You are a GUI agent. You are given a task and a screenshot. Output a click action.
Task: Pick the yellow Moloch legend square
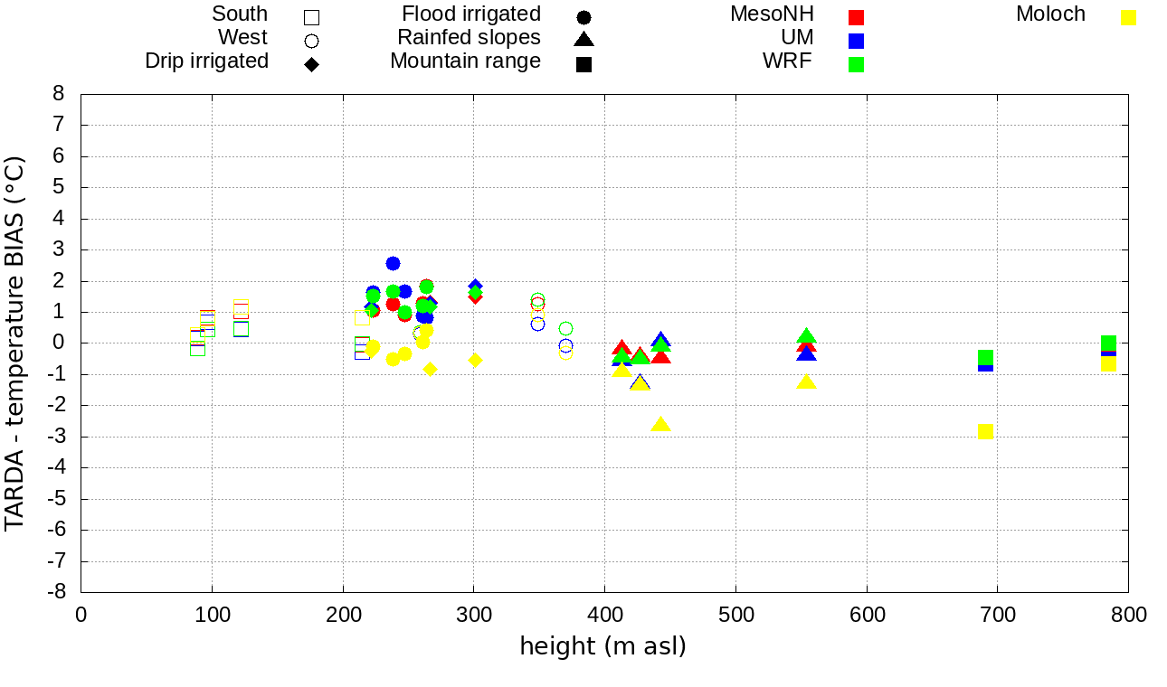[1128, 17]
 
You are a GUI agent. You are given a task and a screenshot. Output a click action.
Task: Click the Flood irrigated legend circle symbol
[583, 17]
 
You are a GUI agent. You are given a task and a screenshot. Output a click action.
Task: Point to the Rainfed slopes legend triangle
[583, 40]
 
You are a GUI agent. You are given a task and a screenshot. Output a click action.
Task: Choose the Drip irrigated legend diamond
[311, 64]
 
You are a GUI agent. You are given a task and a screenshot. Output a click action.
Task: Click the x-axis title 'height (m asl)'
[602, 646]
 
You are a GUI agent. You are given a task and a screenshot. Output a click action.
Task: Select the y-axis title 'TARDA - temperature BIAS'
[15, 343]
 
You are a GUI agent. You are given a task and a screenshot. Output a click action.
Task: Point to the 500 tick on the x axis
[735, 616]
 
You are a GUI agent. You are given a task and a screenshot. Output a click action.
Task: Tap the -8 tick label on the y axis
[59, 592]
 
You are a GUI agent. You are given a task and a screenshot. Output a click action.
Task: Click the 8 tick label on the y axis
[59, 94]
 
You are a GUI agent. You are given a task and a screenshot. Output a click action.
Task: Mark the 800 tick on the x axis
[1128, 616]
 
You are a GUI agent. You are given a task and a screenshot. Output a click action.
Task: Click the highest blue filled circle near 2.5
[393, 263]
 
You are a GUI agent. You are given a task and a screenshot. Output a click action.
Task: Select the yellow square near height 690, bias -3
[986, 431]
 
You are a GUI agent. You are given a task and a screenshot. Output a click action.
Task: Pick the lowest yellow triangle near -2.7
[660, 425]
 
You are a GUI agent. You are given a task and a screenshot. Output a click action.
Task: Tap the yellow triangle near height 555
[807, 381]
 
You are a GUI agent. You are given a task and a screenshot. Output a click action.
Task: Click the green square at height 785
[1108, 343]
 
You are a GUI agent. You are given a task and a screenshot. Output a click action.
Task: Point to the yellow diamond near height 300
[475, 360]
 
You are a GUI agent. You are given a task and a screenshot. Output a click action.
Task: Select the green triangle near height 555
[807, 336]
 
